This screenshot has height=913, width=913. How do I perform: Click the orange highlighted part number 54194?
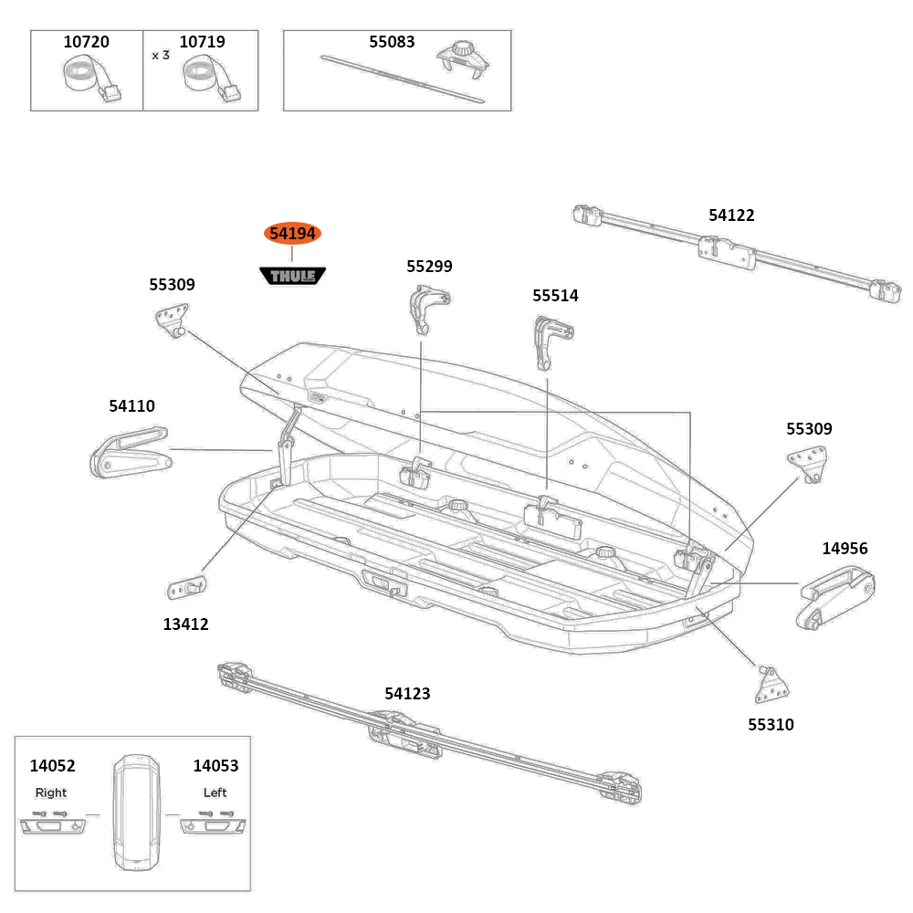293,235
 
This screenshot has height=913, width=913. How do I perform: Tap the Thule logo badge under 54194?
293,275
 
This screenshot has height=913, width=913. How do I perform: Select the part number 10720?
86,42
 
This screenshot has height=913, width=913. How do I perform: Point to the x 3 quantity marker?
161,55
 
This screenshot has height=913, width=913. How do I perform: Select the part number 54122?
731,215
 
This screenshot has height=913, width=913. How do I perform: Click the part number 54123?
407,694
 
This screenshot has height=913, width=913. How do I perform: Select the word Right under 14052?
51,792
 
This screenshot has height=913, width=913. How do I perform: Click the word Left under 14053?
215,792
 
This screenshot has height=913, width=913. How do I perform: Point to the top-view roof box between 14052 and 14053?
132,812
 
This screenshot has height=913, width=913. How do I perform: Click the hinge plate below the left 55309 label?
173,320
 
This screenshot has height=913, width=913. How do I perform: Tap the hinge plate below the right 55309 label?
809,463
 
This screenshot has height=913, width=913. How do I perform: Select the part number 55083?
392,42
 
